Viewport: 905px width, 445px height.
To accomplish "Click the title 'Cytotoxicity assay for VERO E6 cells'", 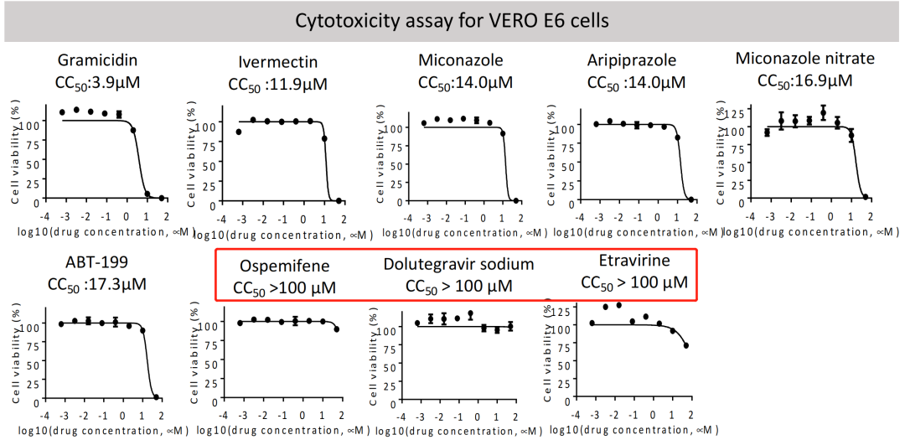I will pyautogui.click(x=452, y=20).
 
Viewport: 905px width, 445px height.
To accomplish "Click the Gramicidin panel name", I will pyautogui.click(x=97, y=60).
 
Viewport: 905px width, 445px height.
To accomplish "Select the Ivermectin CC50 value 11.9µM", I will pyautogui.click(x=277, y=85).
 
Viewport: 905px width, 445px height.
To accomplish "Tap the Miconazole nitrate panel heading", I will pyautogui.click(x=804, y=59).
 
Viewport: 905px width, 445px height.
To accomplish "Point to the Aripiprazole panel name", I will pyautogui.click(x=632, y=61).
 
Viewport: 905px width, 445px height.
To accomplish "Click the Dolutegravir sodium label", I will pyautogui.click(x=458, y=264).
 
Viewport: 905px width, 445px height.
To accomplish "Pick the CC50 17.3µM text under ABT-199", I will pyautogui.click(x=98, y=284).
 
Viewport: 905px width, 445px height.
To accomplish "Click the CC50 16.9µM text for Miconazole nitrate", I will pyautogui.click(x=804, y=80).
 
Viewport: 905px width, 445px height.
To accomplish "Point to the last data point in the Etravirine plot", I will pyautogui.click(x=685, y=345).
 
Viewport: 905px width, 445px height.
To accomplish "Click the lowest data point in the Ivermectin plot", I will pyautogui.click(x=339, y=200).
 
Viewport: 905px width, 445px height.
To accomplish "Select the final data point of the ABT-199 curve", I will pyautogui.click(x=156, y=397).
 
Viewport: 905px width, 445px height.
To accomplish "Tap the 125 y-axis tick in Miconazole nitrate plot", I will pyautogui.click(x=732, y=111).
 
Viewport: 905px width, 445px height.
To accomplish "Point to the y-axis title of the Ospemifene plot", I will pyautogui.click(x=195, y=349).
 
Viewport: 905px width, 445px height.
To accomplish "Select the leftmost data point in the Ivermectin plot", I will pyautogui.click(x=239, y=132).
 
